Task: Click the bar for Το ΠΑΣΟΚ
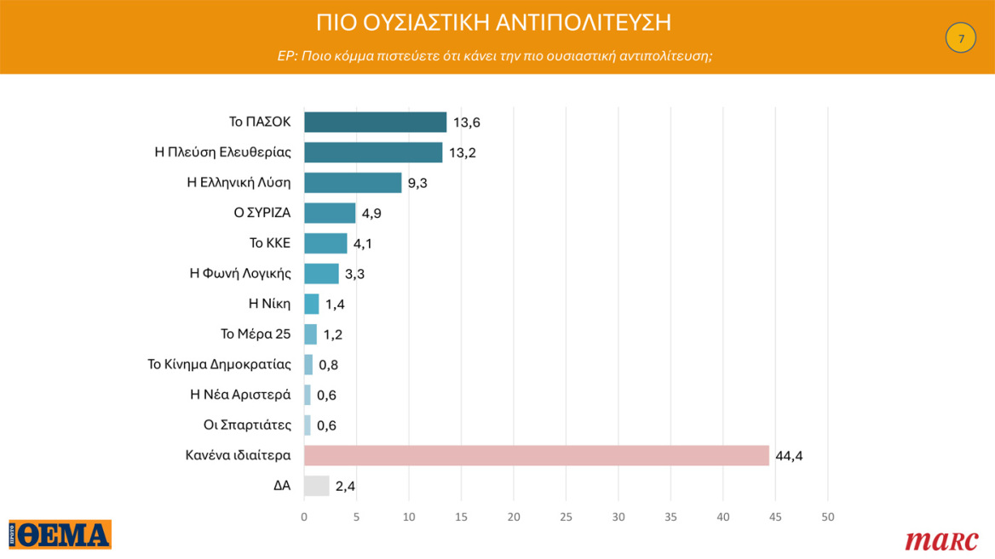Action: click(375, 122)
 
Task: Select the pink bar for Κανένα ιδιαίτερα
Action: click(536, 455)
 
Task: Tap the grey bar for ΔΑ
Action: click(316, 486)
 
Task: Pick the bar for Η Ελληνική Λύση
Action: click(353, 183)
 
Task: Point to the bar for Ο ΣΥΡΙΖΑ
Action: click(330, 213)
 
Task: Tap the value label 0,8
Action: click(329, 365)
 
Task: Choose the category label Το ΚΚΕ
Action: click(270, 243)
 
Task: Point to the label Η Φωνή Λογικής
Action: click(240, 274)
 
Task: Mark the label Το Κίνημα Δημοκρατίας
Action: click(220, 364)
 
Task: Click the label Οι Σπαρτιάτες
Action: click(247, 425)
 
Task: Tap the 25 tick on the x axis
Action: click(566, 516)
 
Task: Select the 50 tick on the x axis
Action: click(827, 516)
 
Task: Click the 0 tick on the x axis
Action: click(304, 516)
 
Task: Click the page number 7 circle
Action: click(961, 38)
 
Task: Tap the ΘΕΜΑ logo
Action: click(60, 534)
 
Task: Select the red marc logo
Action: click(941, 539)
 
